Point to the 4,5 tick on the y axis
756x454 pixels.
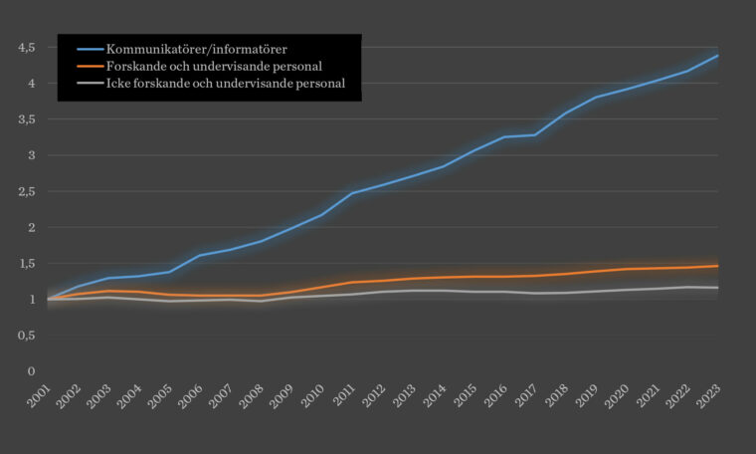click(27, 47)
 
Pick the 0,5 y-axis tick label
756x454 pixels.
click(27, 336)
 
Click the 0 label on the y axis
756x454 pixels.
click(32, 371)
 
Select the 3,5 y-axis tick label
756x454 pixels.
click(27, 119)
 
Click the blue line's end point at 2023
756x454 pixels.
click(718, 56)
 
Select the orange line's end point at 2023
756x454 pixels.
click(718, 266)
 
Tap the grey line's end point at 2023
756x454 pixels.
click(718, 288)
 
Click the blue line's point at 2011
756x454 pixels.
click(352, 193)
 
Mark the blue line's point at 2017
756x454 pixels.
click(535, 134)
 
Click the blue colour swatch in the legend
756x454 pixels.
click(87, 48)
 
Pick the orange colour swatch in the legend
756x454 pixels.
click(87, 66)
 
